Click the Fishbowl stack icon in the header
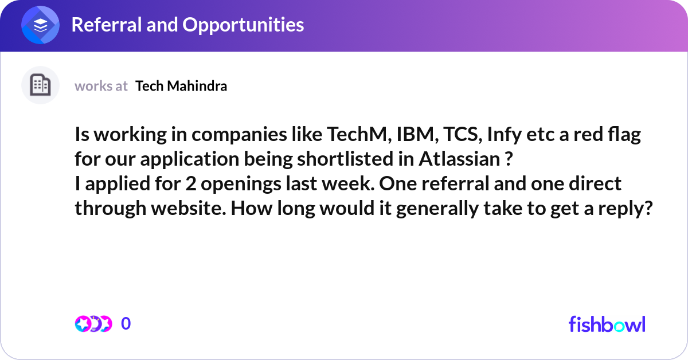[x=40, y=25]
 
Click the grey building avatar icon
[x=40, y=85]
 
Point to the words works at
[x=101, y=86]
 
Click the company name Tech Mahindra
[x=181, y=86]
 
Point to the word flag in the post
[x=621, y=136]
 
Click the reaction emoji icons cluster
[x=93, y=324]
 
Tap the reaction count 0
[x=126, y=324]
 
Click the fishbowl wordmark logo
[x=607, y=324]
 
